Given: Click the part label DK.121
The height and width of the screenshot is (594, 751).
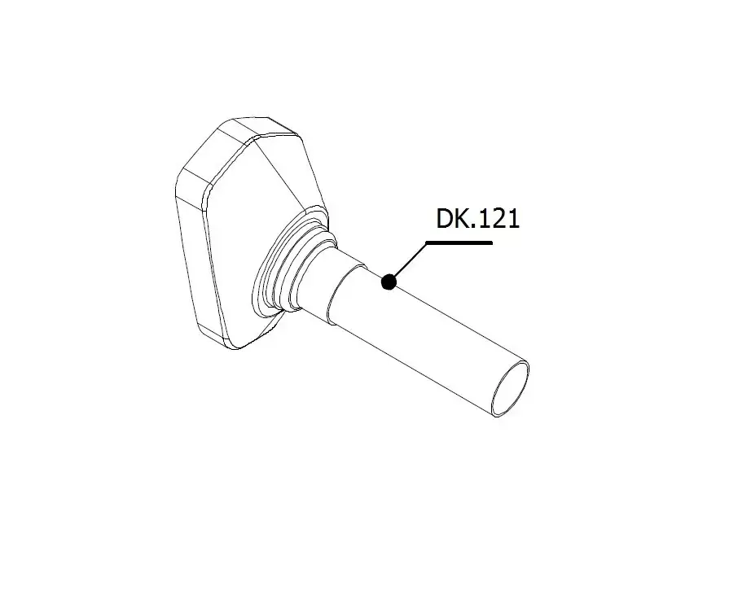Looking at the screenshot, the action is point(477,219).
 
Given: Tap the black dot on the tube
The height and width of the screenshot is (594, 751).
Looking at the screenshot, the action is point(389,282).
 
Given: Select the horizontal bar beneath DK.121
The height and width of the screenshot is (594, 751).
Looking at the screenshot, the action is point(459,243).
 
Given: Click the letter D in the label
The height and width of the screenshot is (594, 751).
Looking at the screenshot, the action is point(445,219).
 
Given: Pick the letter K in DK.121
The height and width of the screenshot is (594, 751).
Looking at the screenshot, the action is point(463,219).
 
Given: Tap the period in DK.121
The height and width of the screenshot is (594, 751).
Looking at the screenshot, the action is point(475,227).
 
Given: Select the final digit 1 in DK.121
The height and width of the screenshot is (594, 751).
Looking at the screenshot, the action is point(514,219).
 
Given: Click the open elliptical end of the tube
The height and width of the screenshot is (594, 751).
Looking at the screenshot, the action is point(511,388).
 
